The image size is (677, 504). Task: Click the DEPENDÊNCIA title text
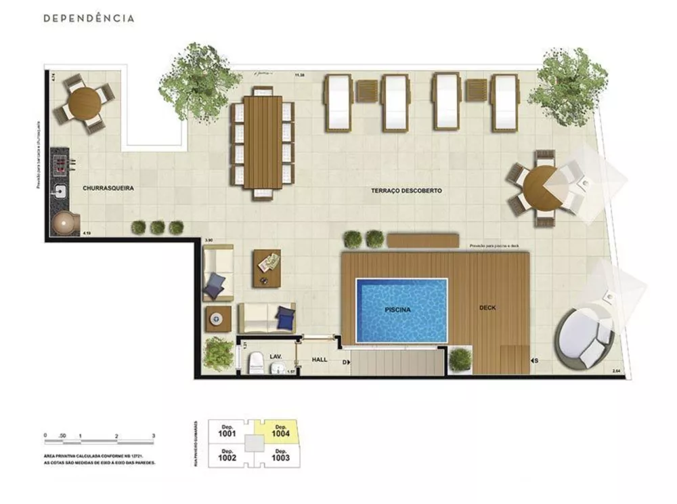[x=89, y=18]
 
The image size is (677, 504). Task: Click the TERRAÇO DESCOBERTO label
[x=406, y=191]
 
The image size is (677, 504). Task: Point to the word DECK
[x=487, y=308]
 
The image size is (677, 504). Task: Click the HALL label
[x=320, y=360]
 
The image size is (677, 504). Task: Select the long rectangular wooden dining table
[x=263, y=142]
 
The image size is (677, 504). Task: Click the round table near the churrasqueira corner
[x=85, y=103]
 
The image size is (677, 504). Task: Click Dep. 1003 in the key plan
[x=281, y=455]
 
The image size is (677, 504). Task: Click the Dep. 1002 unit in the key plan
[x=227, y=455]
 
